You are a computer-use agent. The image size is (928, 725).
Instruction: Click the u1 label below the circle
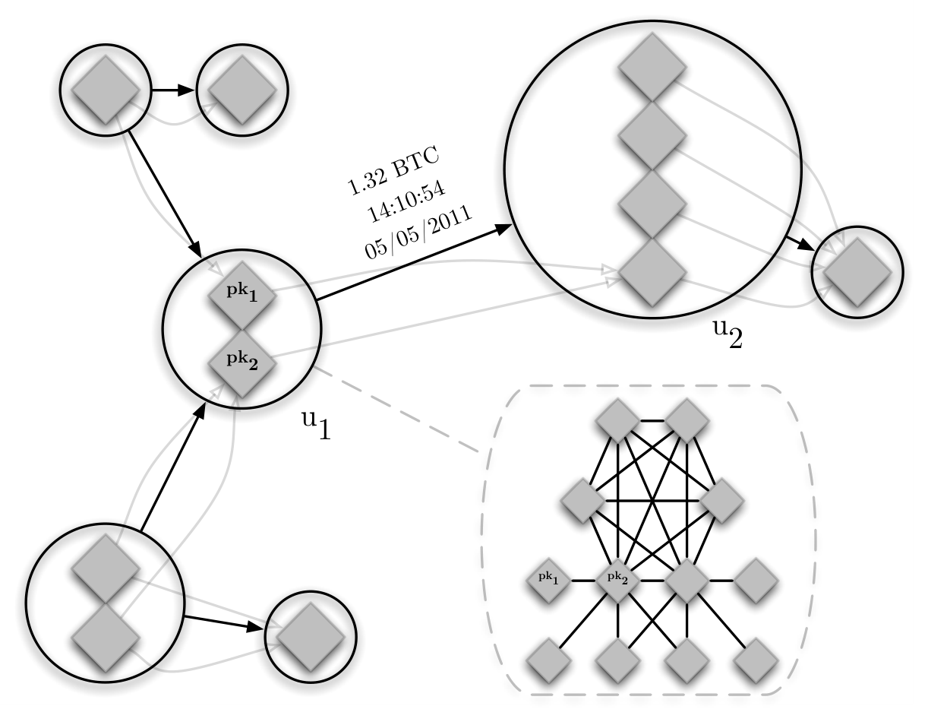pyautogui.click(x=317, y=424)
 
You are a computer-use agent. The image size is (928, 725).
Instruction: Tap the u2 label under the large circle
pyautogui.click(x=728, y=334)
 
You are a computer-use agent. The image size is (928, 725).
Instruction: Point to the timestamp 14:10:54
pyautogui.click(x=406, y=201)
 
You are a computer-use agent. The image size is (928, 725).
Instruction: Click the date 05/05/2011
pyautogui.click(x=418, y=232)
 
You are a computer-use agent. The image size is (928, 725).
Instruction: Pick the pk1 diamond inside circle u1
pyautogui.click(x=242, y=295)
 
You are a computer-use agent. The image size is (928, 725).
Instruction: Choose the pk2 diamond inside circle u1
pyautogui.click(x=242, y=363)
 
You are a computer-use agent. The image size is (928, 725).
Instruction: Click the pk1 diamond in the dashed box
pyautogui.click(x=549, y=581)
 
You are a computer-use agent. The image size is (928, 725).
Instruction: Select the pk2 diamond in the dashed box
pyautogui.click(x=618, y=581)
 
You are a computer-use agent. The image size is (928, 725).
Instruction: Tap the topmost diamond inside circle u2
pyautogui.click(x=652, y=68)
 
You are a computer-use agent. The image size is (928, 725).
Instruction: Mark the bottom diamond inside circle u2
pyautogui.click(x=652, y=273)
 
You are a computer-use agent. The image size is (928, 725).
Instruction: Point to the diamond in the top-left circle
pyautogui.click(x=106, y=90)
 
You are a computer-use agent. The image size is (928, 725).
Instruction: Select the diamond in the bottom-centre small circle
pyautogui.click(x=311, y=637)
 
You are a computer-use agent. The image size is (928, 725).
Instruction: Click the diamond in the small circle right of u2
pyautogui.click(x=857, y=273)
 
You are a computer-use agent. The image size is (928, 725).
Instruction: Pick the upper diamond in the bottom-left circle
pyautogui.click(x=106, y=568)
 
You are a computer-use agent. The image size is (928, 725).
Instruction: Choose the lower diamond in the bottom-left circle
pyautogui.click(x=106, y=637)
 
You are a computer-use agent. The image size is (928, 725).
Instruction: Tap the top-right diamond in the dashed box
pyautogui.click(x=687, y=421)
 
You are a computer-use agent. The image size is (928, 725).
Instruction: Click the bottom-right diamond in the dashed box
pyautogui.click(x=756, y=660)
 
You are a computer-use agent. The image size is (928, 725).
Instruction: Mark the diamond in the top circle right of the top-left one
pyautogui.click(x=242, y=90)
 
